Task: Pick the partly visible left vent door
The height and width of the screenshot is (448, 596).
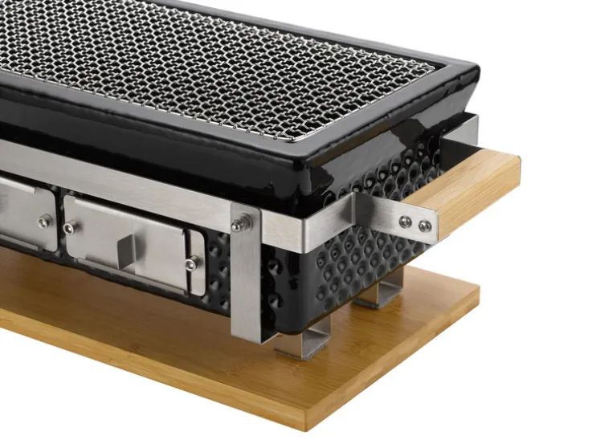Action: point(24,213)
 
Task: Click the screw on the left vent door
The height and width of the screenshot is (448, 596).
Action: point(43,221)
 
